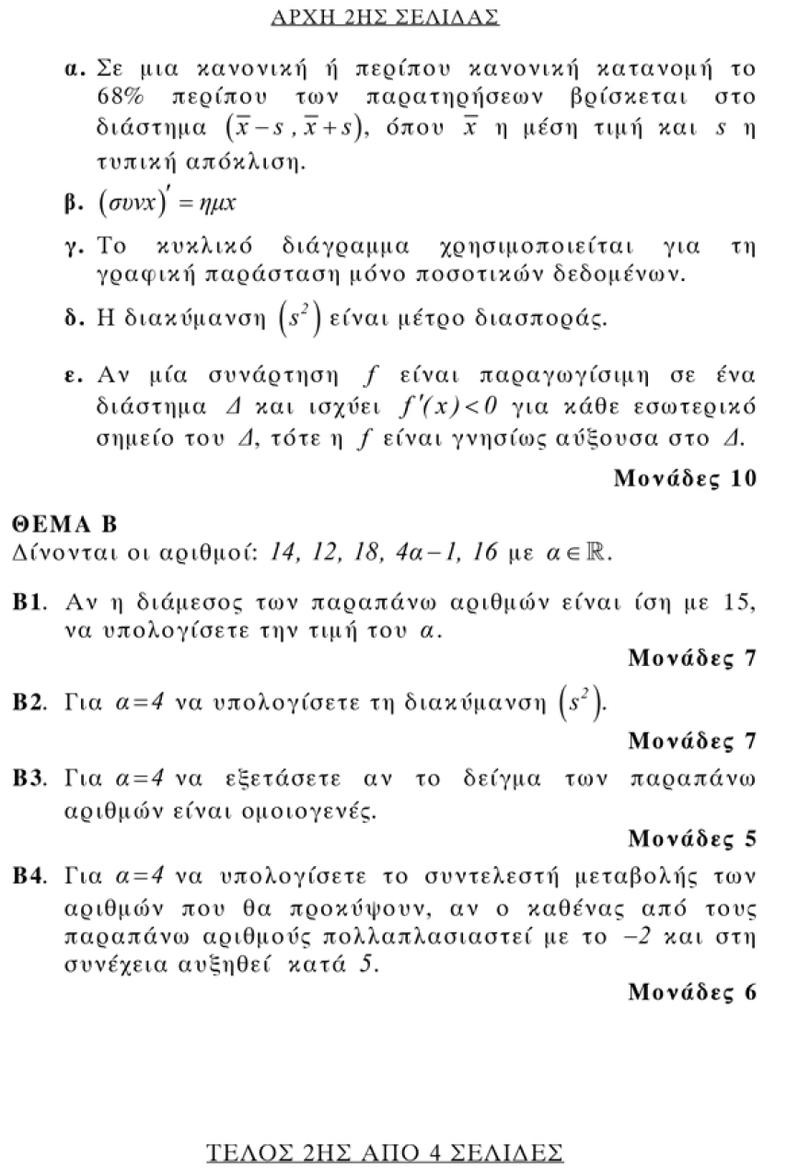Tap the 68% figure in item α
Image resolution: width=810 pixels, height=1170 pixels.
pyautogui.click(x=120, y=97)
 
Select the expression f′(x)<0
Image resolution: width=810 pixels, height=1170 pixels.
pyautogui.click(x=446, y=406)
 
